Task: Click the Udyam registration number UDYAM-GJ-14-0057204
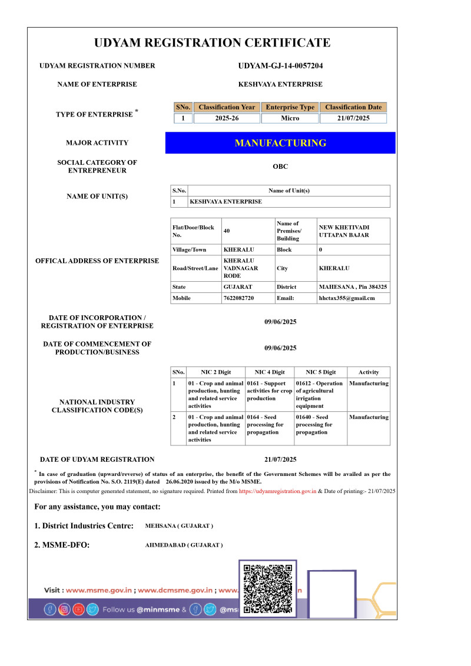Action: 280,66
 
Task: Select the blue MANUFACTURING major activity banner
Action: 280,143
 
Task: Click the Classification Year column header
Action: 227,107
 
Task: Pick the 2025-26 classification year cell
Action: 227,118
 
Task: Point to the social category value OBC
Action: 280,166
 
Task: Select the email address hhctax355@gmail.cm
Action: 347,298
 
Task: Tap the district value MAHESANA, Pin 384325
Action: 353,287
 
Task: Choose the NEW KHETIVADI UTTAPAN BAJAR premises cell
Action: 344,231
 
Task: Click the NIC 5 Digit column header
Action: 321,372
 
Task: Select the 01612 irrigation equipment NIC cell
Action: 320,394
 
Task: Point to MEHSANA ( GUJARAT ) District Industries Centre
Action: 179,526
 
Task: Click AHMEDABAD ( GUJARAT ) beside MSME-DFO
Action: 184,545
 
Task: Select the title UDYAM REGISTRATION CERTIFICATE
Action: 213,42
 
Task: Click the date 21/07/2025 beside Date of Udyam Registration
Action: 280,459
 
